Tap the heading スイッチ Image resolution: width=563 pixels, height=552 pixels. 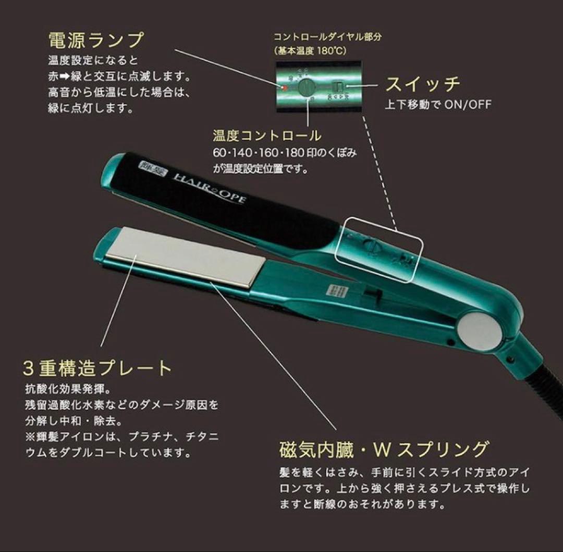pyautogui.click(x=422, y=84)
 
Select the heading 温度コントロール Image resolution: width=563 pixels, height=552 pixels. pyautogui.click(x=267, y=136)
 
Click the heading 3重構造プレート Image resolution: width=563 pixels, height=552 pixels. pyautogui.click(x=97, y=368)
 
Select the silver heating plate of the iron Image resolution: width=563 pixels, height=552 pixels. pyautogui.click(x=182, y=257)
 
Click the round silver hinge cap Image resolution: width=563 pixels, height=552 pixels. pyautogui.click(x=480, y=330)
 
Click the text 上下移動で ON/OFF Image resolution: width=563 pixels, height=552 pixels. pyautogui.click(x=438, y=105)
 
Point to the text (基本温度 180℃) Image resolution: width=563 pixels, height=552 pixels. pyautogui.click(x=310, y=51)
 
